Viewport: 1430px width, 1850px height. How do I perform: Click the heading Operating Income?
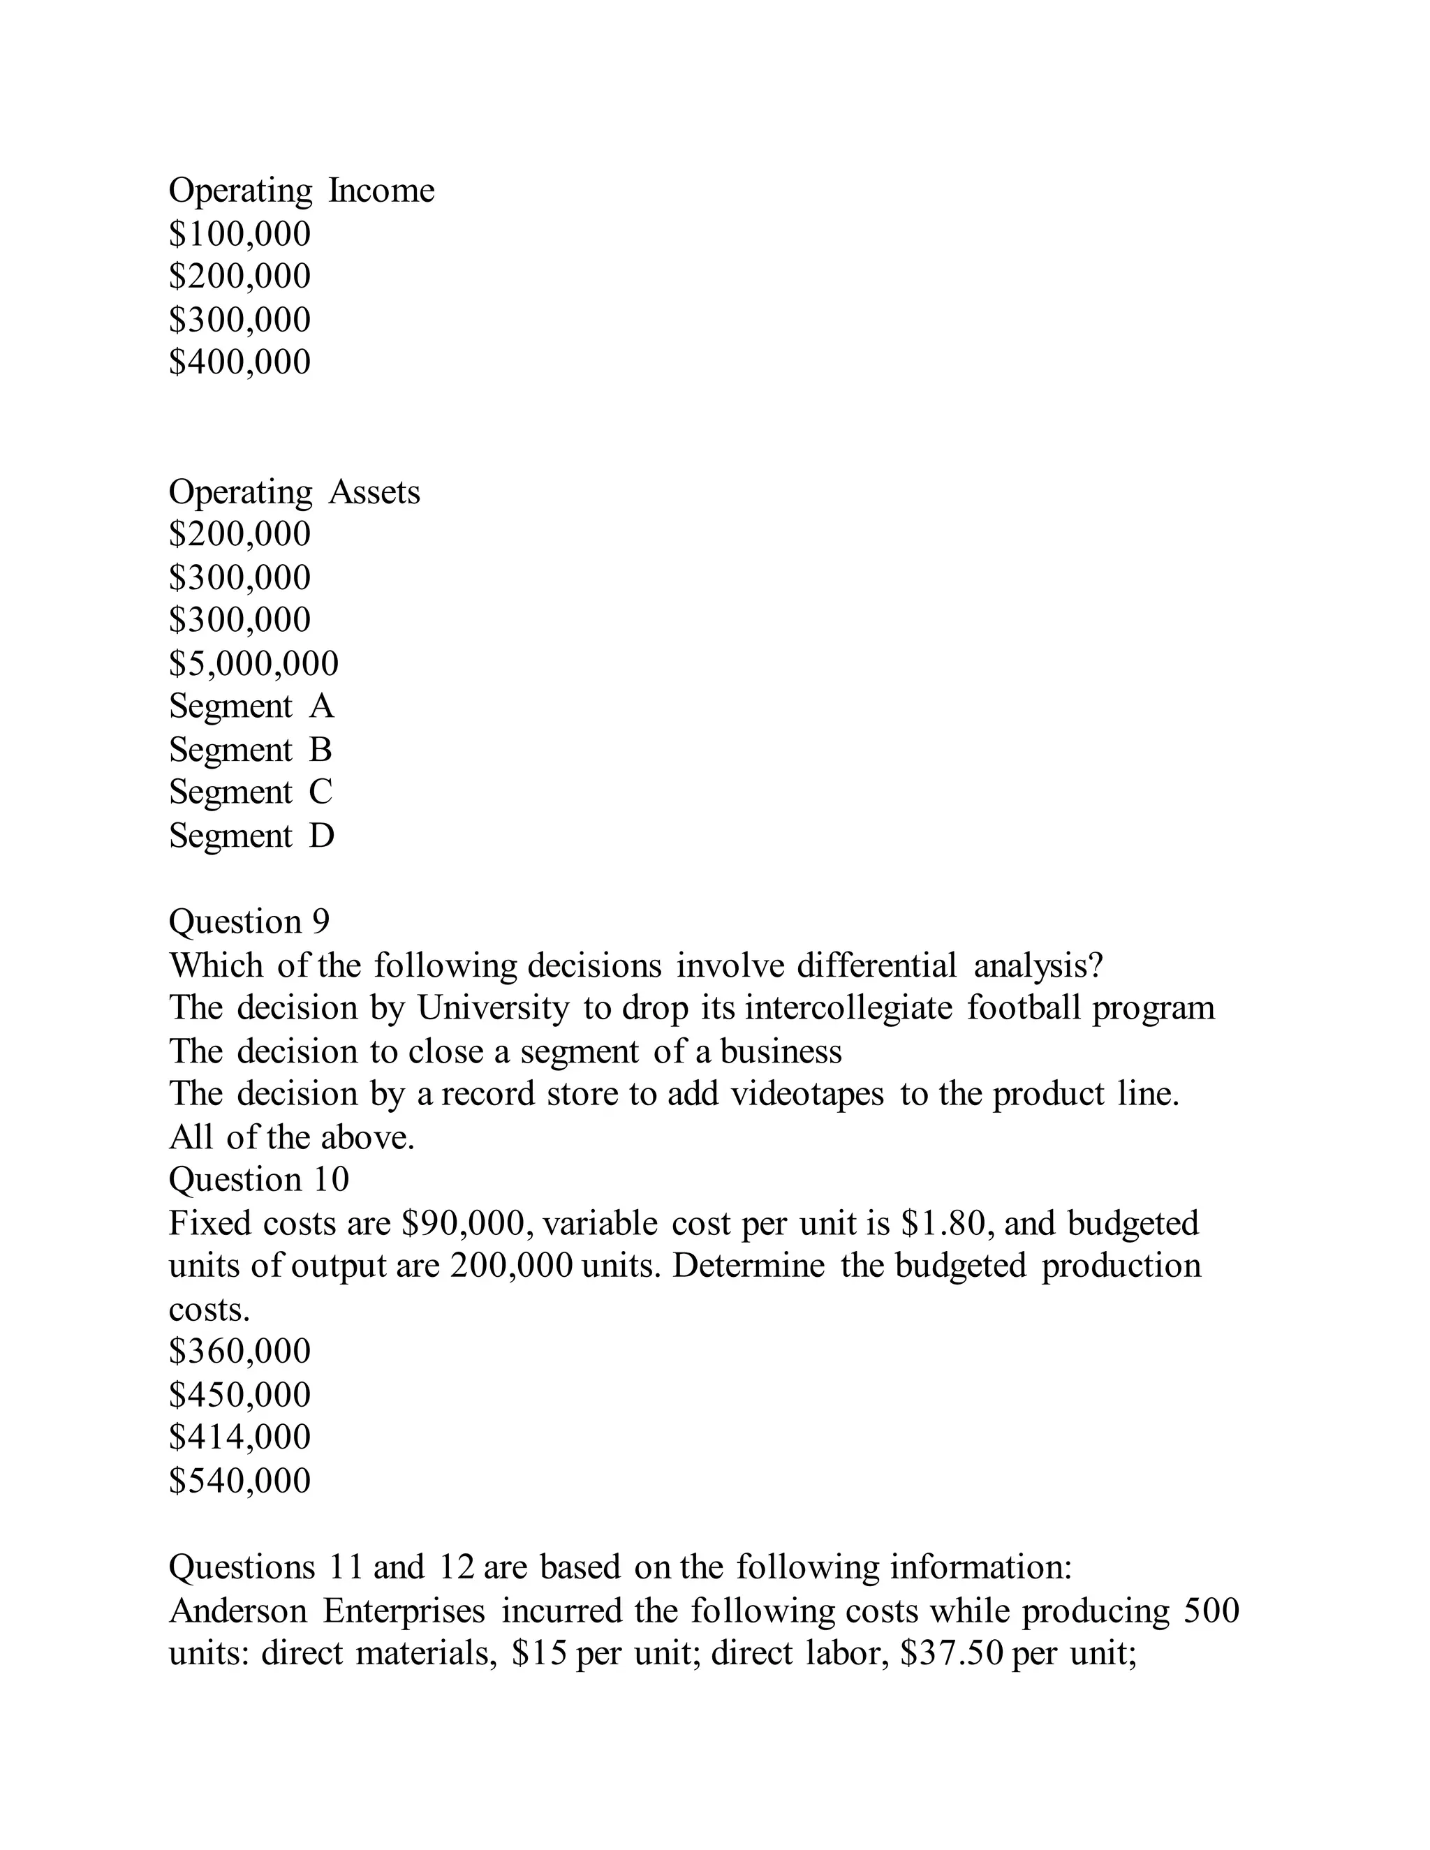click(301, 191)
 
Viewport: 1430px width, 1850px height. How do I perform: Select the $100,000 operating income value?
click(239, 234)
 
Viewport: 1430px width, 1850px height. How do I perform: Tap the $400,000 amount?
click(239, 362)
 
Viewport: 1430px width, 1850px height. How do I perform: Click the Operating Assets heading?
click(294, 492)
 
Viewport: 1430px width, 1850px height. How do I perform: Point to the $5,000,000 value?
click(253, 663)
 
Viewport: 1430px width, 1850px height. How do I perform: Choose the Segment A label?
click(251, 706)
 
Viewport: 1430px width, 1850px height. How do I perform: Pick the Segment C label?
click(251, 792)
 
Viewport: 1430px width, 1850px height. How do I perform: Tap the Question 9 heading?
click(249, 922)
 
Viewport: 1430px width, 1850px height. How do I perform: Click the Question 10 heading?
click(258, 1180)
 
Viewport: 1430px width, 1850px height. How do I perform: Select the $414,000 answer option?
click(239, 1437)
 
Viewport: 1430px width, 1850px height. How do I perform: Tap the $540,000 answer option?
click(239, 1481)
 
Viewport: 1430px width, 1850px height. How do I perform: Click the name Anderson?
click(238, 1611)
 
